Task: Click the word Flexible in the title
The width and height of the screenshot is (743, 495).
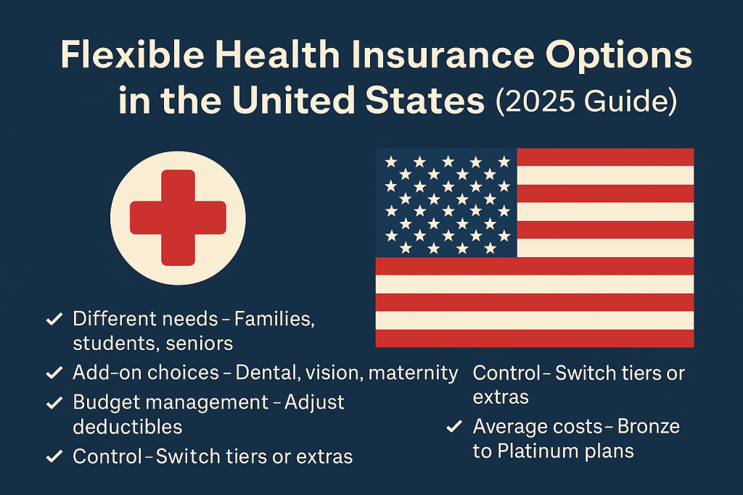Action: pyautogui.click(x=132, y=54)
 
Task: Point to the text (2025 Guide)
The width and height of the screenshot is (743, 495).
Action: pyautogui.click(x=586, y=101)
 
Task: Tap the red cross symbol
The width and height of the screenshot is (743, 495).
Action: pyautogui.click(x=178, y=217)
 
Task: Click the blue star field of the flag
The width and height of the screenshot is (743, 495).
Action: pyautogui.click(x=446, y=203)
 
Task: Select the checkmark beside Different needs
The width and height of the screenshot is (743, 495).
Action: pyautogui.click(x=54, y=319)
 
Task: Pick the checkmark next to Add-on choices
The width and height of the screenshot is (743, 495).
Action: pyautogui.click(x=54, y=373)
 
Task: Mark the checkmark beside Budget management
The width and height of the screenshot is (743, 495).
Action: pyautogui.click(x=54, y=403)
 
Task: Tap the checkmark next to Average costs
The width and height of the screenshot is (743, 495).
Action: pyautogui.click(x=454, y=427)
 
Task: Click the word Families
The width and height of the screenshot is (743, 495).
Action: pyautogui.click(x=274, y=320)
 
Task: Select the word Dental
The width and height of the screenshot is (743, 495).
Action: pyautogui.click(x=268, y=373)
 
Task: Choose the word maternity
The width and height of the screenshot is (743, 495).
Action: pyautogui.click(x=413, y=373)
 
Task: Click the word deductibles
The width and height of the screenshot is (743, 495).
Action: pyautogui.click(x=128, y=427)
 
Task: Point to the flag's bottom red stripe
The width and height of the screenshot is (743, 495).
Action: pyautogui.click(x=535, y=338)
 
